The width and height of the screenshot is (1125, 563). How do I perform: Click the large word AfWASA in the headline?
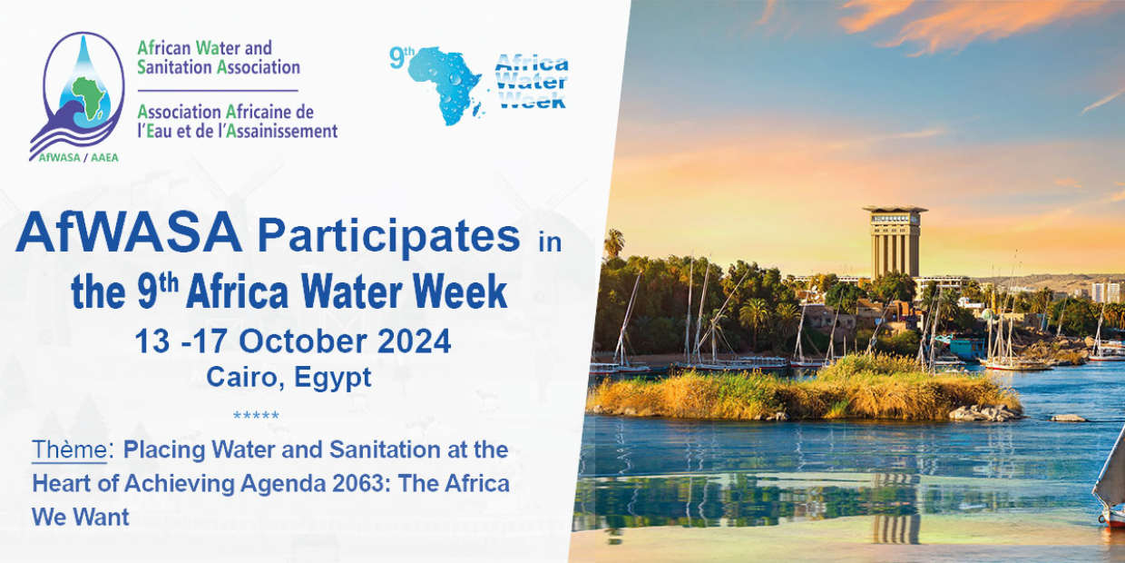click(x=129, y=232)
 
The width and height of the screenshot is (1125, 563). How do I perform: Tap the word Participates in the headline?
click(x=388, y=237)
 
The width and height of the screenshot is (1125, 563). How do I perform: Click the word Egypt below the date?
click(x=333, y=378)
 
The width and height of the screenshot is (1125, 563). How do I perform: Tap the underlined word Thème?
click(x=69, y=449)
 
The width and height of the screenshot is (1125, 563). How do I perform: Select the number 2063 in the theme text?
click(x=358, y=484)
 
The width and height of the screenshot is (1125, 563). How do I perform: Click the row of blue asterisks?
click(x=256, y=416)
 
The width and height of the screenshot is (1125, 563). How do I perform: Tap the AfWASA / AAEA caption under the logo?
click(x=78, y=157)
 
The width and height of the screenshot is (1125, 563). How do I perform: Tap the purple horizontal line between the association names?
click(x=218, y=91)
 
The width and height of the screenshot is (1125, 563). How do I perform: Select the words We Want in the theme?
click(x=81, y=518)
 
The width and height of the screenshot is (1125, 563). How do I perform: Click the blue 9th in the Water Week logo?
click(x=401, y=56)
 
